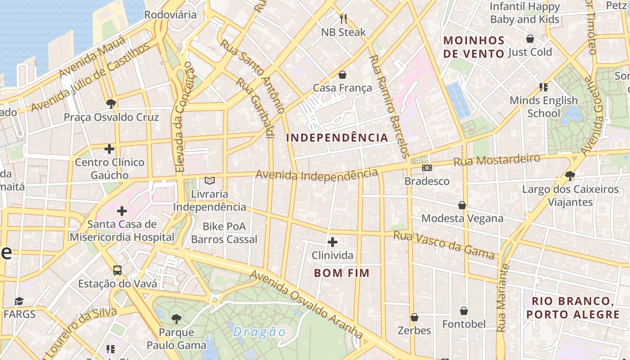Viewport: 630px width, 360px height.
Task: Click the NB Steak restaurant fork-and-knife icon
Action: point(343,18)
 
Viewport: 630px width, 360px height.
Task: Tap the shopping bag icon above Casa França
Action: point(342,74)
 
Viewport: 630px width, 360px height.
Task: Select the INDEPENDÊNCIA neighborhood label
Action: point(337,138)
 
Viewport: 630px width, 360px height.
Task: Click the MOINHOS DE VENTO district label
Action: point(474,47)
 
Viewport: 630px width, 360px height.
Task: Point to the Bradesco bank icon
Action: point(427,168)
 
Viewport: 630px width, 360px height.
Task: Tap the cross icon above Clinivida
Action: point(333,242)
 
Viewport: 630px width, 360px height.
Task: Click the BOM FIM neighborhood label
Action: point(342,273)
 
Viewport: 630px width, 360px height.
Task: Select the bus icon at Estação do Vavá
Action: point(117,270)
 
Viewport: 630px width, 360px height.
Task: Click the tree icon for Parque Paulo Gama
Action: point(176,319)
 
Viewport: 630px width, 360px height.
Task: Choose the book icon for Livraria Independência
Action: point(209,180)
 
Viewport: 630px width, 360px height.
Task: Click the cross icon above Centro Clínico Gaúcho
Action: point(109,148)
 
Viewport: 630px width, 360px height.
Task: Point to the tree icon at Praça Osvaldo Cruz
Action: point(111,104)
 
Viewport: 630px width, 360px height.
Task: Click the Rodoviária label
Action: point(170,14)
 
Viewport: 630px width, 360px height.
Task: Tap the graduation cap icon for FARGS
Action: point(19,301)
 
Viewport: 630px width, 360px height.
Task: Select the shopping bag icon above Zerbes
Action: point(414,317)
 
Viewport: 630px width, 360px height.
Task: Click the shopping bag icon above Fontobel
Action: point(463,311)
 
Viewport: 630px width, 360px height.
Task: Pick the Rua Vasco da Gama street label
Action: point(444,245)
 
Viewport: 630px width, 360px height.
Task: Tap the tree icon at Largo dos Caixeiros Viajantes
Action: point(570,175)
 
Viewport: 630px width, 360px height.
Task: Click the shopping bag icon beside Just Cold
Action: point(530,39)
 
